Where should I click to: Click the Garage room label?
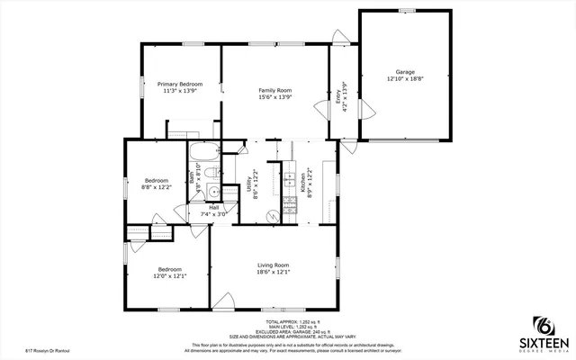pos(405,72)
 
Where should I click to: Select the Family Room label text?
pos(275,90)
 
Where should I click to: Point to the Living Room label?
pos(273,265)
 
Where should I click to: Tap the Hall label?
pos(214,208)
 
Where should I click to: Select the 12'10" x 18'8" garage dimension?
pos(405,79)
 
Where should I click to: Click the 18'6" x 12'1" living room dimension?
pos(273,272)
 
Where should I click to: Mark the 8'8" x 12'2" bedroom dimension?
pos(157,189)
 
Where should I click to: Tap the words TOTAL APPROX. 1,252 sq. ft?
pos(287,321)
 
